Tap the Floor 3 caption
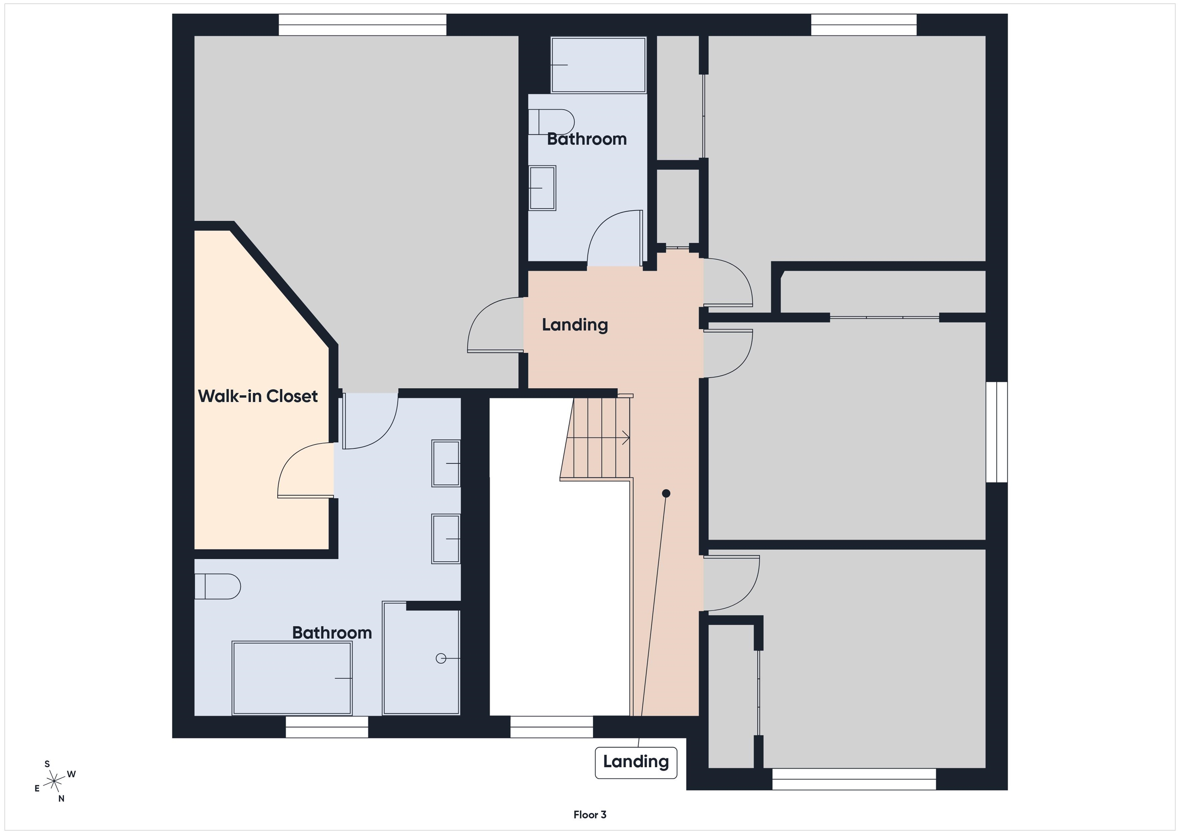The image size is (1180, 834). click(590, 814)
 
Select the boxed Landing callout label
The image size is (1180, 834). click(636, 763)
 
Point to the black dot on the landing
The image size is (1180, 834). click(666, 493)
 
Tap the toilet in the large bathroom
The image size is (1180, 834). click(217, 586)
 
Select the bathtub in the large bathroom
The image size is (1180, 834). click(292, 678)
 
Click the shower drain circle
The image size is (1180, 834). click(441, 658)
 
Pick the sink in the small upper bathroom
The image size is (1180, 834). click(542, 188)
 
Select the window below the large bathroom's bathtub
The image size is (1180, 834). click(327, 727)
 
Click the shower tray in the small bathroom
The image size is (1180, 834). click(598, 65)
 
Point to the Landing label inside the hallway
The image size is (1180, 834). click(575, 325)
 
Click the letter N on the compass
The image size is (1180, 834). click(61, 799)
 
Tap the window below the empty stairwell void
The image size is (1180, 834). click(552, 727)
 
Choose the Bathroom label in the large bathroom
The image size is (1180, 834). click(332, 633)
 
